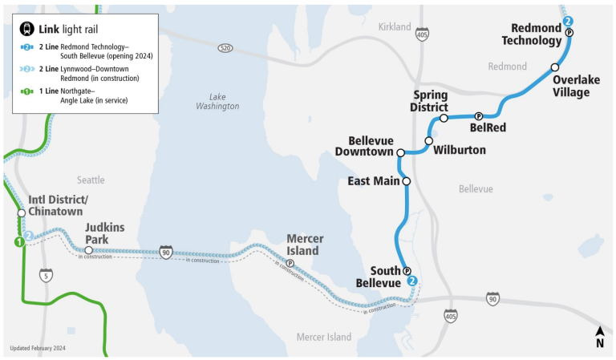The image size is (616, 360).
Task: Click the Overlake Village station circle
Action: click(554, 67)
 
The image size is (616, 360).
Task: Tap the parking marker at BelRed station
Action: click(478, 116)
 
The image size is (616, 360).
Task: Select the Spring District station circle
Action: click(444, 118)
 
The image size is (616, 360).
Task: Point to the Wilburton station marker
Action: click(428, 141)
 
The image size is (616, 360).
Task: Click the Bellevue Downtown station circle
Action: click(400, 152)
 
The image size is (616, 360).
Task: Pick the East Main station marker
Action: click(406, 181)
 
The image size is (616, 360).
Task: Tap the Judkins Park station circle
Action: click(88, 251)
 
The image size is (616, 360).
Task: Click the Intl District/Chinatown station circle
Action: click(22, 212)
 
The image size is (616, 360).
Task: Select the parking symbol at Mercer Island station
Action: click(290, 264)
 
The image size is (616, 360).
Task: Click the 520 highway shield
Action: click(225, 48)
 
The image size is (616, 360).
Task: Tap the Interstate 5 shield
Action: click(47, 275)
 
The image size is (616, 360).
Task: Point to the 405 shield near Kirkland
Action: click(422, 34)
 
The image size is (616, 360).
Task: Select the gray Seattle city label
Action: click(91, 180)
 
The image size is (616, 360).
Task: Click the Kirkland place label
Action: click(394, 27)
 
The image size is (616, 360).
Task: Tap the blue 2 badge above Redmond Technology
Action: click(568, 21)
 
